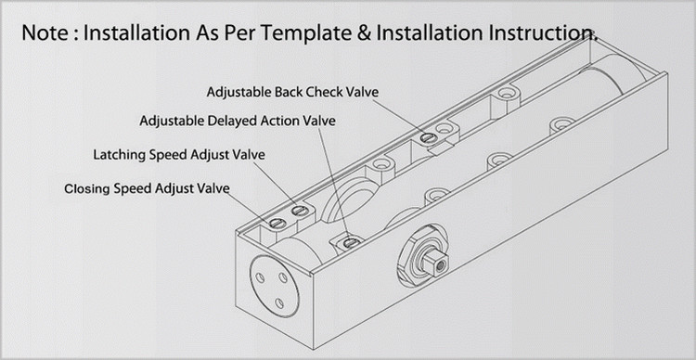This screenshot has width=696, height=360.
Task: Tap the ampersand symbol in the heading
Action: coord(364,33)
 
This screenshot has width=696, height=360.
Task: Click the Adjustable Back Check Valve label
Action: coord(293,93)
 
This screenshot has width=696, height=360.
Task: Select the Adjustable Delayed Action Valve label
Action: coord(238,121)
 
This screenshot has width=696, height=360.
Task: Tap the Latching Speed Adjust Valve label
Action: coord(179,155)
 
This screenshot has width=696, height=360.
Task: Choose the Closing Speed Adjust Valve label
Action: coord(147,189)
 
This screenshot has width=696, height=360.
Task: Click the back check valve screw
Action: coord(428,138)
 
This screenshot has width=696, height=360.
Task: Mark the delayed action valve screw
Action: coord(351,242)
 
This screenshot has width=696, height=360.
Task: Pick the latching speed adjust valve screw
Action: coord(300,211)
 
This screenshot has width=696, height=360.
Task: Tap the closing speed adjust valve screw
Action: coord(277,223)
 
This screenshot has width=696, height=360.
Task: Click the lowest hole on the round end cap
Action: coord(279,303)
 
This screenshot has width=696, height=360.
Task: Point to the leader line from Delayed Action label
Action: coord(333,182)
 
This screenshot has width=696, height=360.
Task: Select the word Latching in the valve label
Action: coord(119,155)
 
